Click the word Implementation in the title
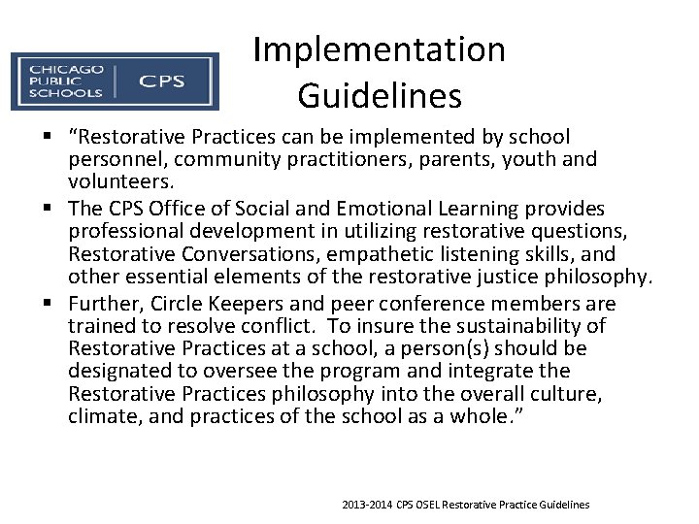coord(379,50)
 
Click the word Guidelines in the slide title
coord(379,95)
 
